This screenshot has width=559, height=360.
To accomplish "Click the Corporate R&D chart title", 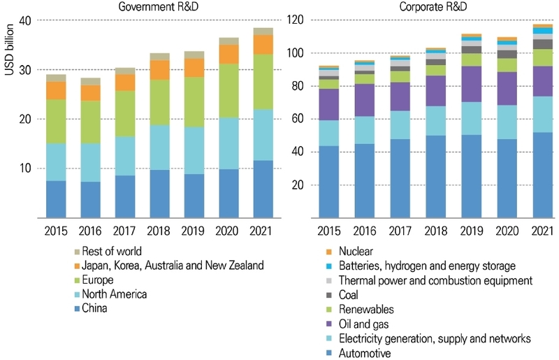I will (x=434, y=6).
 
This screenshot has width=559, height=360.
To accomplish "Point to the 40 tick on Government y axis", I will (x=26, y=20).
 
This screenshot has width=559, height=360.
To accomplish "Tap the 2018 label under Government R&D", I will (x=159, y=229).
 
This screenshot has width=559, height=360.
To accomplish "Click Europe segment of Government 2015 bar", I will (x=56, y=122).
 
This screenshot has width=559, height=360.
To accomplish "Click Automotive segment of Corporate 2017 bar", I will (x=400, y=178).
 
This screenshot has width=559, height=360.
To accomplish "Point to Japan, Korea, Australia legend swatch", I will (x=78, y=266).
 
